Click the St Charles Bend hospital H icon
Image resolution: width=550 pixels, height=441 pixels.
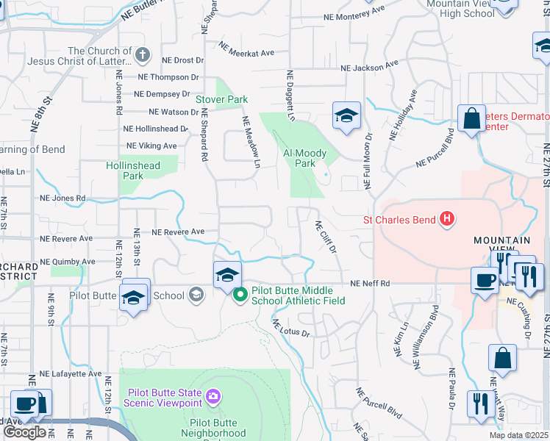pos(445,218)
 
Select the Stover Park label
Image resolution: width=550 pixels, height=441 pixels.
pos(221,99)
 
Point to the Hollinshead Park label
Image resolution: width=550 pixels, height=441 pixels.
pos(133,171)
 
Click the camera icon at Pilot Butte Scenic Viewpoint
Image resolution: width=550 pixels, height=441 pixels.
pos(213,397)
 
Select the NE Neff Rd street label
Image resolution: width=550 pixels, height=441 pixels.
pos(369,283)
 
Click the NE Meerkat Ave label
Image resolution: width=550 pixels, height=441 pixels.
pos(246,49)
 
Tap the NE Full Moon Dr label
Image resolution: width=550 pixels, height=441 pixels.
pos(366,157)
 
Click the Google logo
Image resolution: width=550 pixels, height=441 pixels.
pos(24,432)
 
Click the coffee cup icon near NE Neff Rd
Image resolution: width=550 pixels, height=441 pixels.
pos(485,281)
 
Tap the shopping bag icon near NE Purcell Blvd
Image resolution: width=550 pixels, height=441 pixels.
pos(471,118)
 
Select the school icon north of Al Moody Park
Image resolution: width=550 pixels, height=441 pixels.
pos(347,115)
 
